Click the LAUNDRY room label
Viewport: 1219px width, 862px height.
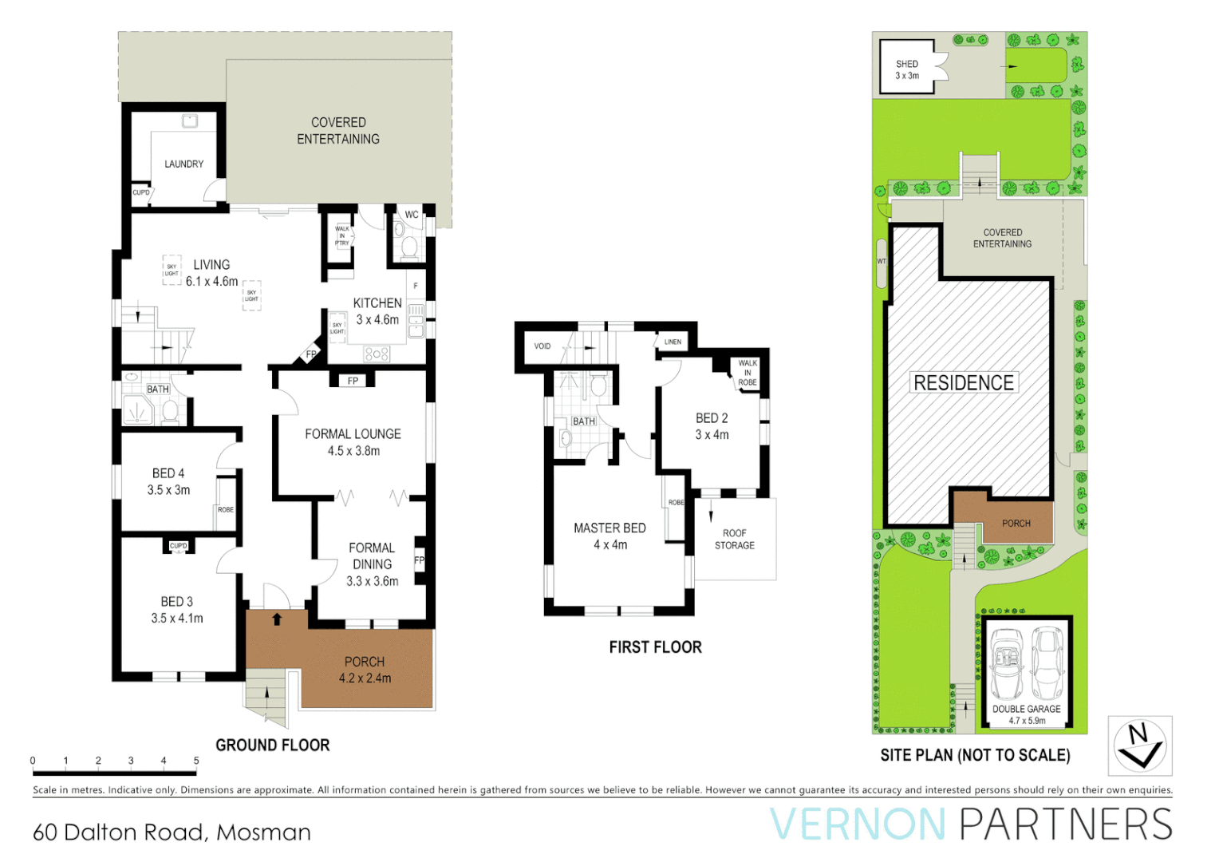(x=183, y=164)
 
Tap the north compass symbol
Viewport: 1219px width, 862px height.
(x=1139, y=745)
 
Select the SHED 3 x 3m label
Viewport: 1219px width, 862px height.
(x=907, y=69)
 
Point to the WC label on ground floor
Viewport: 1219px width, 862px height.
(x=412, y=215)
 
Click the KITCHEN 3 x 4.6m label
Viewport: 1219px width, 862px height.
(x=377, y=311)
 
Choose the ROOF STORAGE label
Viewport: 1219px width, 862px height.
(x=734, y=540)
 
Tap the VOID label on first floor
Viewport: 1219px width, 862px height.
(x=542, y=346)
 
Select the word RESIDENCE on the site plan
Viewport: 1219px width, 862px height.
(x=964, y=383)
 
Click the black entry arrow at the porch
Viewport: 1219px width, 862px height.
(x=277, y=619)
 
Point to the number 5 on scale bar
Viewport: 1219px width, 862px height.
(x=196, y=761)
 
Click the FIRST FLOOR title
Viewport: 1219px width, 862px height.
(x=655, y=647)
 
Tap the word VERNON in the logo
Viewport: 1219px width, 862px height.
(x=858, y=824)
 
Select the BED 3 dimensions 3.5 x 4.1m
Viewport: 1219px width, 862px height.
(x=177, y=619)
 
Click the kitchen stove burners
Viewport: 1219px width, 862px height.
(x=377, y=353)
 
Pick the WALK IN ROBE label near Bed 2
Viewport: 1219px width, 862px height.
(x=748, y=373)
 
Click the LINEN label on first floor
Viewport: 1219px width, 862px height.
(x=673, y=342)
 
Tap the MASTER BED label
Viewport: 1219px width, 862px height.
(x=609, y=528)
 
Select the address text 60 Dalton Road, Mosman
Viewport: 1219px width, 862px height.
(x=172, y=832)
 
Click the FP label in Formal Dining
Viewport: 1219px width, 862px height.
(x=419, y=560)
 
